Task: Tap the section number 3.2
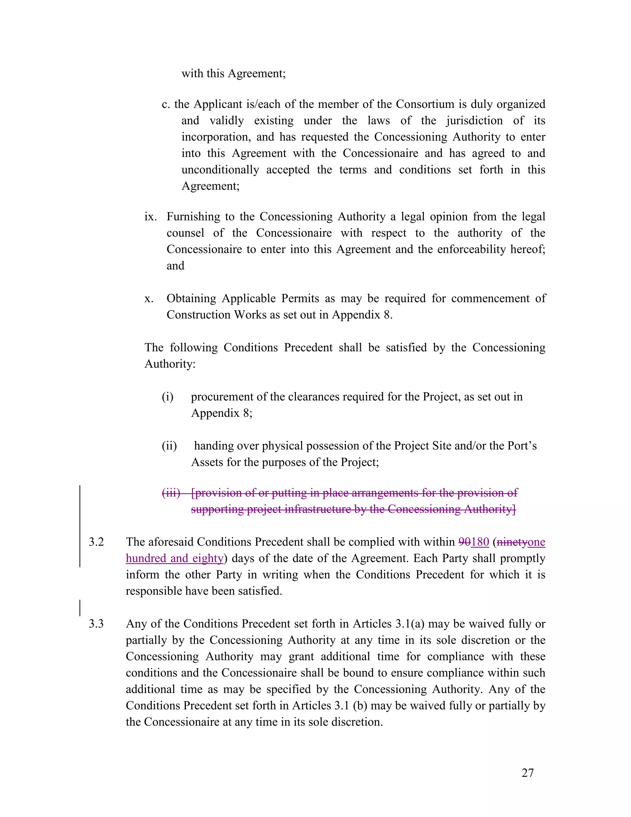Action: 96,542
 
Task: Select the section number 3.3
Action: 96,624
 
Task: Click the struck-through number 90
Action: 464,542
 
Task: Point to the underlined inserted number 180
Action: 480,542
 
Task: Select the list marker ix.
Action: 151,217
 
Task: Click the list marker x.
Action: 149,298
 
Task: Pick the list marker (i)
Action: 168,396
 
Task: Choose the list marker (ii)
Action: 169,445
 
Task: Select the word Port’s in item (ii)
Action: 522,445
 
